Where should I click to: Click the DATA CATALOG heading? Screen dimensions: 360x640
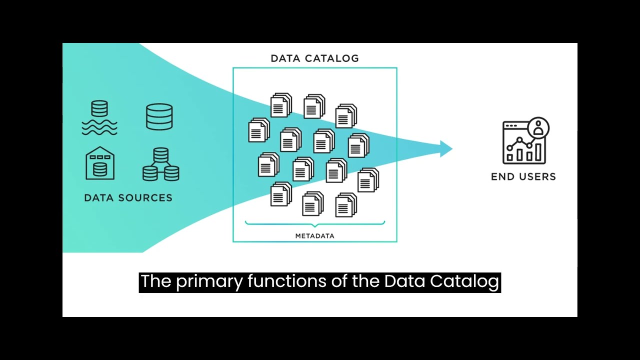click(314, 58)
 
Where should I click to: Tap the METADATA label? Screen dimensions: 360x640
click(314, 236)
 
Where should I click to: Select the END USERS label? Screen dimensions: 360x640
click(523, 176)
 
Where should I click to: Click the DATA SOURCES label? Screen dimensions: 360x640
click(128, 198)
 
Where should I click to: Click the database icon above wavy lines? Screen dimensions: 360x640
click(99, 118)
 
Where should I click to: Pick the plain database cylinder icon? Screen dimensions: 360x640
click(159, 117)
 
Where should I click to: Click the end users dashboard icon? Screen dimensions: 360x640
click(524, 142)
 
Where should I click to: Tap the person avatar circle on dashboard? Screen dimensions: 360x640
click(538, 127)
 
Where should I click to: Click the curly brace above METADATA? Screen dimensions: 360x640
click(314, 223)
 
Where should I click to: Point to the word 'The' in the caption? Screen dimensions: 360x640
click(156, 281)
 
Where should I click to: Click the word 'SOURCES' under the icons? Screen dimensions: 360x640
click(147, 198)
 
